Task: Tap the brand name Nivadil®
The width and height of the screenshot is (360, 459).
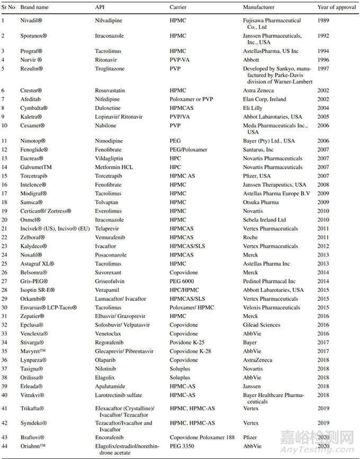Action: [32, 21]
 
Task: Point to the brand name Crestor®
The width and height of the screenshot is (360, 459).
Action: [31, 91]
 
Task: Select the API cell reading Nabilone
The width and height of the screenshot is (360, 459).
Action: [105, 125]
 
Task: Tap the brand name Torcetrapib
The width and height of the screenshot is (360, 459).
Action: [33, 176]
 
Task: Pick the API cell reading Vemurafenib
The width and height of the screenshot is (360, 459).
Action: [110, 237]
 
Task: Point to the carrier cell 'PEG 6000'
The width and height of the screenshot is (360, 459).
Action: [181, 281]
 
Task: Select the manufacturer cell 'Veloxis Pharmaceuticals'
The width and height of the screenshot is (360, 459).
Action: [271, 308]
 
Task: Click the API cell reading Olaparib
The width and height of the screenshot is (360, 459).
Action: [105, 360]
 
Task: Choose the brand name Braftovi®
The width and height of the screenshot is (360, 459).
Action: [32, 437]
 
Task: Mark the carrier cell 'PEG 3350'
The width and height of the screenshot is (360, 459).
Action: [181, 446]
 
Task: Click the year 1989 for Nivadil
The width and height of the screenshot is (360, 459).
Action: [323, 21]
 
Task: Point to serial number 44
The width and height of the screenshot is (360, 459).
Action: [4, 446]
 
